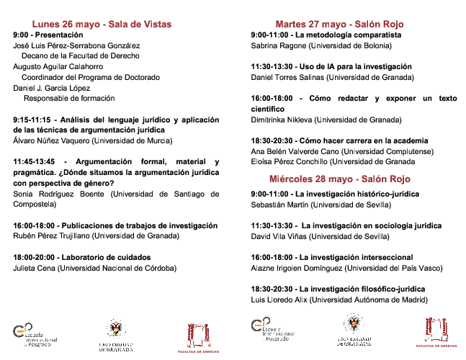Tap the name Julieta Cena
35,268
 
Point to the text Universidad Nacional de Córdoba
118,268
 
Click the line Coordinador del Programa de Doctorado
91,77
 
